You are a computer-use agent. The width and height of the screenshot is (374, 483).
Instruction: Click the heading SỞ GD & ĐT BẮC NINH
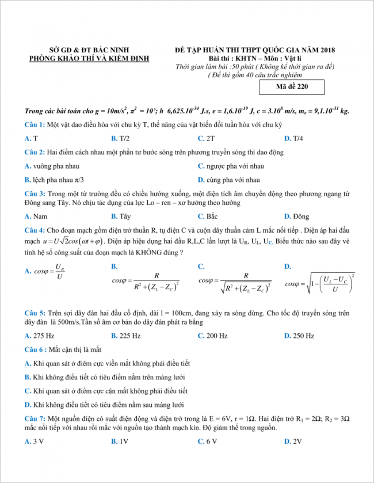[x=89, y=50]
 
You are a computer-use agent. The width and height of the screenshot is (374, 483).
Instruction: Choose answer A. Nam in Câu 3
[x=36, y=216]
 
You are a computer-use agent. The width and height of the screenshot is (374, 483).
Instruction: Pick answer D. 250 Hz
[x=299, y=336]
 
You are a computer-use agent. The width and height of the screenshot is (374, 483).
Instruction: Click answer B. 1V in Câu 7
[x=120, y=442]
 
